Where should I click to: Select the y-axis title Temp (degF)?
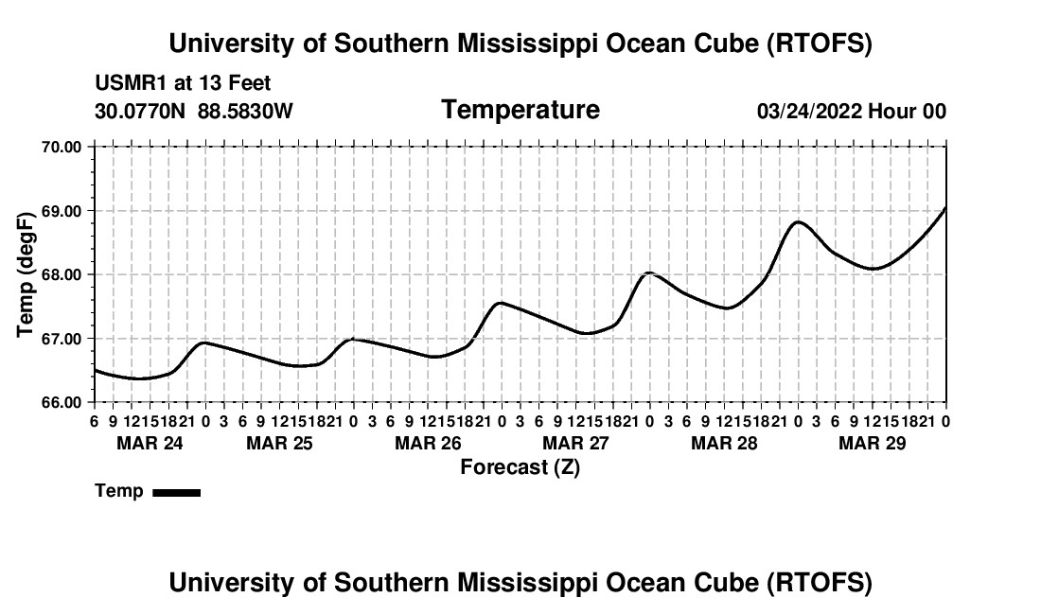pyautogui.click(x=26, y=274)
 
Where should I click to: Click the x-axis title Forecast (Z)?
pyautogui.click(x=520, y=466)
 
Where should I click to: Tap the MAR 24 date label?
pyautogui.click(x=150, y=443)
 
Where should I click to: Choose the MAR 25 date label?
pyautogui.click(x=279, y=443)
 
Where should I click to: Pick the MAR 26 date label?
pyautogui.click(x=428, y=443)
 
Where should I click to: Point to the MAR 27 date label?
pyautogui.click(x=575, y=443)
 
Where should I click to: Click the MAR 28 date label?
pyautogui.click(x=724, y=443)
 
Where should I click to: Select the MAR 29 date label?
pyautogui.click(x=872, y=443)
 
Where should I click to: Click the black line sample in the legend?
pyautogui.click(x=176, y=492)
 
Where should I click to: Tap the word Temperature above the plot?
pyautogui.click(x=520, y=110)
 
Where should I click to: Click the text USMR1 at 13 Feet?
pyautogui.click(x=183, y=84)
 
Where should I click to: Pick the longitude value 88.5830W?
pyautogui.click(x=245, y=111)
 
